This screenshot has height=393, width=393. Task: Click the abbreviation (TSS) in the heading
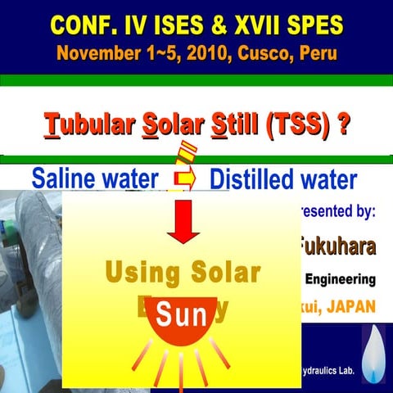(288, 129)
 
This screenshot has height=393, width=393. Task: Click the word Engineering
(340, 279)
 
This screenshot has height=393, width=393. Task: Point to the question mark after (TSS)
(346, 129)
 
